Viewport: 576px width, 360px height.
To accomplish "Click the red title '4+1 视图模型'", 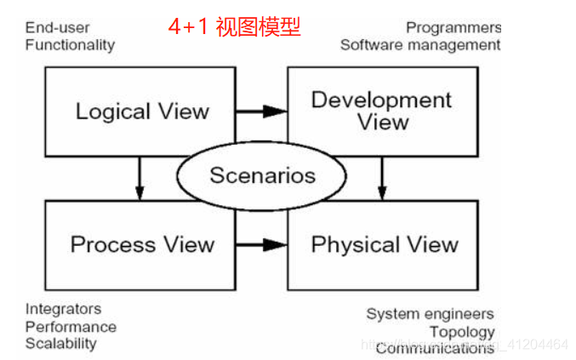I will click(x=234, y=27).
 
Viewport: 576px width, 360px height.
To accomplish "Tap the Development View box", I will click(x=383, y=111).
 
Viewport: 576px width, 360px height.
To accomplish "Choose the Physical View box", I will click(x=385, y=245).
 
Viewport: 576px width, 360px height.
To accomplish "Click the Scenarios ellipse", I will click(x=262, y=175).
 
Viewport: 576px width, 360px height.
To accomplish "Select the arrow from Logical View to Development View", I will click(x=261, y=111).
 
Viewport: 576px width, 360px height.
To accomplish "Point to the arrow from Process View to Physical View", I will click(x=261, y=245).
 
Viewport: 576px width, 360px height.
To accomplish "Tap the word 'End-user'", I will click(x=57, y=27).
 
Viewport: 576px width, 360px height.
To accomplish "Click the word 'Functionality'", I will click(x=70, y=44).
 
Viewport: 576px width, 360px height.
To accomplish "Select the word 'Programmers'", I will click(x=453, y=27).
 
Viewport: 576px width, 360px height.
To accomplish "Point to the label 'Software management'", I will click(x=420, y=44).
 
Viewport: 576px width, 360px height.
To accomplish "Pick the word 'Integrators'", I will click(x=63, y=308).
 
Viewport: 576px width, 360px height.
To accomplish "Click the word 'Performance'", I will click(x=71, y=326).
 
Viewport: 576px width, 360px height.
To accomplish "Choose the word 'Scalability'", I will click(x=60, y=343).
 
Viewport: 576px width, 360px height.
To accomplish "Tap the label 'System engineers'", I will click(x=430, y=313).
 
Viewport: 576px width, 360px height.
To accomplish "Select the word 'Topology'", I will click(x=462, y=331).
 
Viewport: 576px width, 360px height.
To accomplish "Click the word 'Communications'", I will click(x=434, y=347).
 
